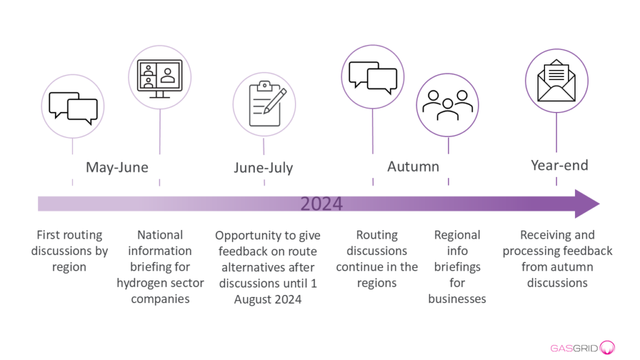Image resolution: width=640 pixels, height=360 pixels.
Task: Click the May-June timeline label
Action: tap(117, 167)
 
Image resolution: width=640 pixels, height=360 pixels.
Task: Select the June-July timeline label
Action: tap(263, 167)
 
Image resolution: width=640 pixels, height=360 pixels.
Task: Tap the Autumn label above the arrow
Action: tap(413, 166)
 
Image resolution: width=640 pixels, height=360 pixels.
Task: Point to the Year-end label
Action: tap(559, 165)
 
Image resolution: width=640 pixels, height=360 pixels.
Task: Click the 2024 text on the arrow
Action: tap(321, 204)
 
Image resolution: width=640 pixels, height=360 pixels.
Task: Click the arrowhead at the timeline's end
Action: tap(587, 204)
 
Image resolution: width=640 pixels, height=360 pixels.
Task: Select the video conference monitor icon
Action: tap(159, 79)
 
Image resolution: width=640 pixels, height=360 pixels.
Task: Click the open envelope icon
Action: tap(556, 81)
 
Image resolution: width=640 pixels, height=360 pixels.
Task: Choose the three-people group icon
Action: tap(447, 105)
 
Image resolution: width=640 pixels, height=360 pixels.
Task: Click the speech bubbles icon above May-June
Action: tap(73, 107)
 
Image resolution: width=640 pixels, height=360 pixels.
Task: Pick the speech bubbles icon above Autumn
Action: tap(372, 77)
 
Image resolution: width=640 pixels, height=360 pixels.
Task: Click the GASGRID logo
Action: tap(582, 347)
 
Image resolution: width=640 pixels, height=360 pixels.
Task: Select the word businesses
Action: tap(457, 299)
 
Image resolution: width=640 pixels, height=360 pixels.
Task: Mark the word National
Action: tap(160, 235)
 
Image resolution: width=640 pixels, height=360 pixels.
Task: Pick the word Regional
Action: tap(457, 235)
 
